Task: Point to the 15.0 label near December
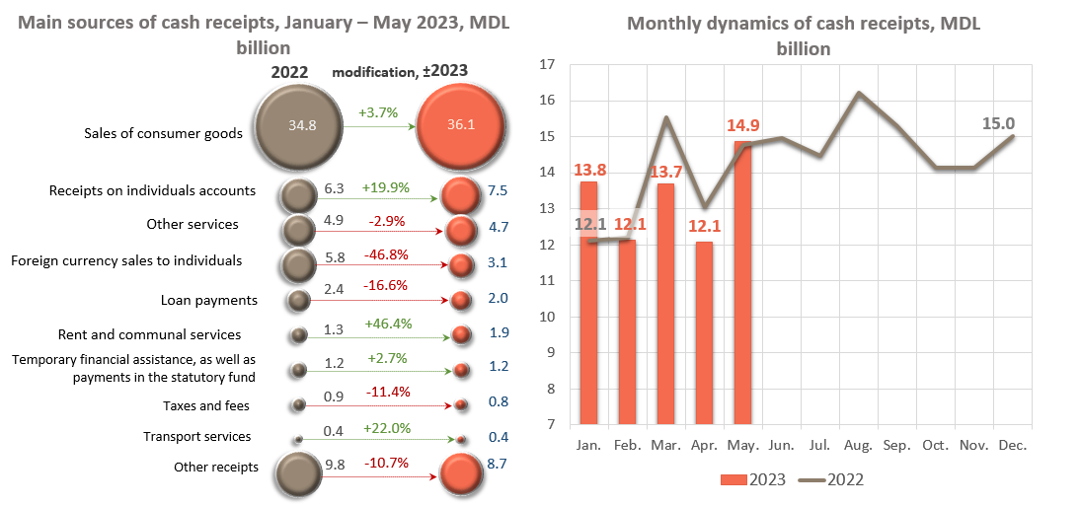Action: tap(1007, 124)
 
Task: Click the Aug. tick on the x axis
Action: tap(858, 445)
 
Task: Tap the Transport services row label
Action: tap(196, 436)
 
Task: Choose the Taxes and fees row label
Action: tap(206, 405)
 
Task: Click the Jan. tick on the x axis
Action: tap(589, 445)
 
